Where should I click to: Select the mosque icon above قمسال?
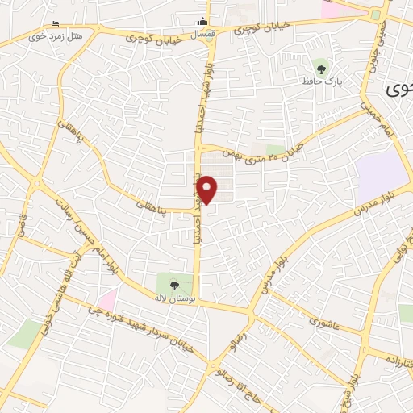[x=204, y=22]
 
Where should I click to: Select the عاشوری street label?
[x=325, y=320]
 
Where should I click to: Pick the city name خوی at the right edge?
[x=398, y=90]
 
